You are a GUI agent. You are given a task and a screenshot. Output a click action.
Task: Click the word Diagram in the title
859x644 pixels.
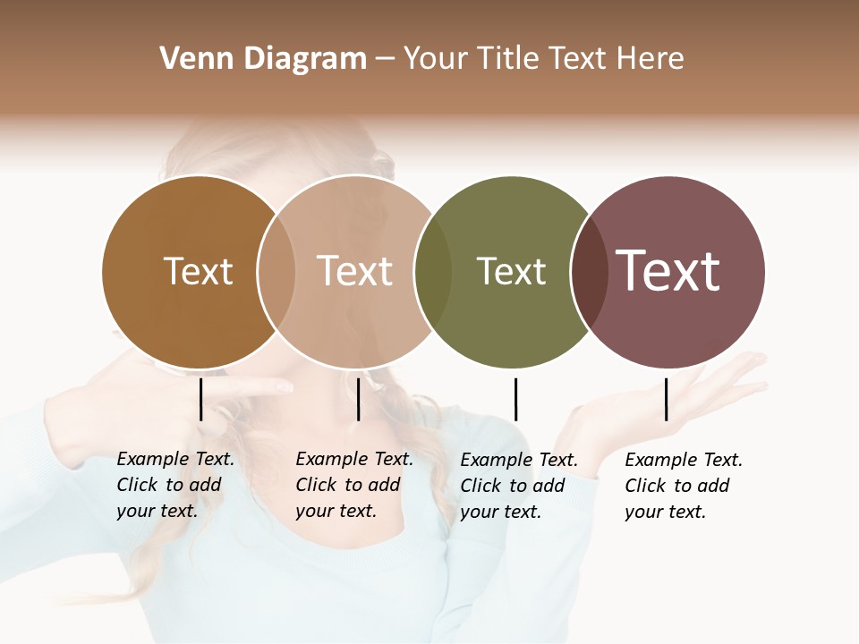[x=305, y=59]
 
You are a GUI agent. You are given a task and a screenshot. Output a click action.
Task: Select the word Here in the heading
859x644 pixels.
[x=650, y=59]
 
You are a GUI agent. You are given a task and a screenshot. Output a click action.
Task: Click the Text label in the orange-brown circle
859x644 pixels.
[x=198, y=271]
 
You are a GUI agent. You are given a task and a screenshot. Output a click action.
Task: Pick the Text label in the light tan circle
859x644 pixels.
[x=355, y=271]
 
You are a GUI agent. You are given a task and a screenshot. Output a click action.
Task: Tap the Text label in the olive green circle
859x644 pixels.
[x=511, y=271]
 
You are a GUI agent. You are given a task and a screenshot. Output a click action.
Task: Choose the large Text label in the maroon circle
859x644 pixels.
[x=668, y=271]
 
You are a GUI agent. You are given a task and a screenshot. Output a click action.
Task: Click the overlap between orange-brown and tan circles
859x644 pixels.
[x=276, y=272]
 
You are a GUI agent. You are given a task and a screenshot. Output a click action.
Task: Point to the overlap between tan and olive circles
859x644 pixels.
[x=433, y=272]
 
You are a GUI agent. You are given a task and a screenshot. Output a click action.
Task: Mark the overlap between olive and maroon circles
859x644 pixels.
[x=589, y=272]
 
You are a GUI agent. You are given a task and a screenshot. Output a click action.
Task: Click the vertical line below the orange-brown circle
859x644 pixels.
[x=200, y=399]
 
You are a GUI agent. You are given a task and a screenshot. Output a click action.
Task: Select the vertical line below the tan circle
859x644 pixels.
[x=358, y=399]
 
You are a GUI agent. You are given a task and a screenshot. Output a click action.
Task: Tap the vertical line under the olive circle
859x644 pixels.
[x=515, y=399]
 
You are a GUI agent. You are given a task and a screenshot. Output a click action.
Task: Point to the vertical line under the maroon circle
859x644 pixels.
[x=666, y=399]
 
